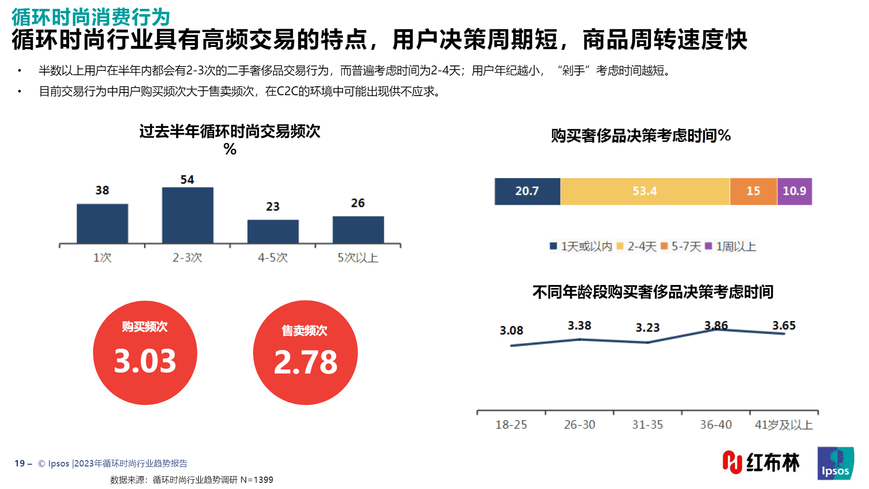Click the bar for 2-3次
tap(188, 216)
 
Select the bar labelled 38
tap(102, 223)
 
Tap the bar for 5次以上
tap(358, 230)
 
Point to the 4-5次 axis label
tap(273, 258)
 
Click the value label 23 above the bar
tap(273, 207)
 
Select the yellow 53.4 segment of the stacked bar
tap(645, 191)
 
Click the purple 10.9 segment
tap(794, 191)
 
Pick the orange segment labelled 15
tap(753, 191)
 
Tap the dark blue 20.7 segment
tap(527, 191)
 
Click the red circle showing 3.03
tap(145, 353)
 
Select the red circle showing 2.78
tap(305, 353)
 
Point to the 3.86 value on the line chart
tap(716, 325)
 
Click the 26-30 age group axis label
tap(579, 425)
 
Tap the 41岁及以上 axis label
tap(784, 425)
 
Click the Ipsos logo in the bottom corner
tap(835, 463)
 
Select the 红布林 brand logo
tap(761, 462)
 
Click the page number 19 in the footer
tap(19, 463)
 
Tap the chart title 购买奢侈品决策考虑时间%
tap(641, 135)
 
